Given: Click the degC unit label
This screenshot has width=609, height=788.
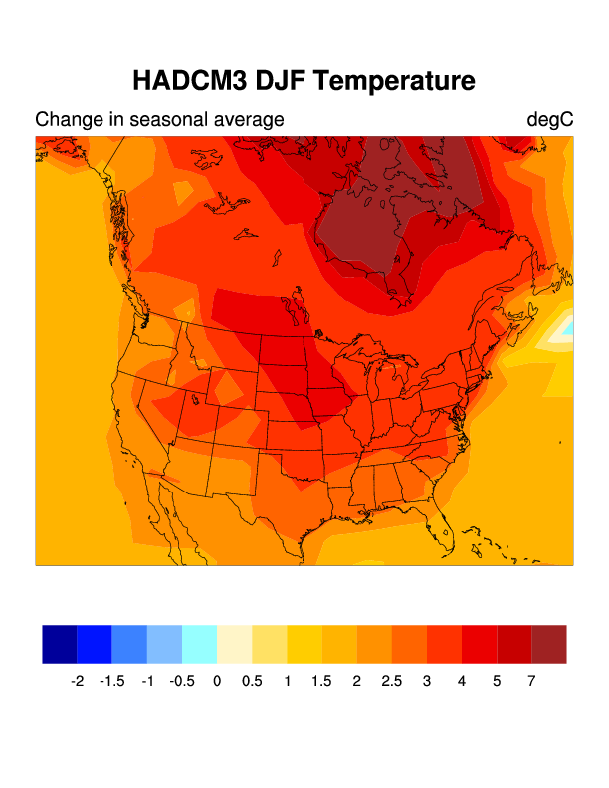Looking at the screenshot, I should pyautogui.click(x=550, y=120).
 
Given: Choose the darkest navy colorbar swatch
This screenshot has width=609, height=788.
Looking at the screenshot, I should pyautogui.click(x=60, y=644).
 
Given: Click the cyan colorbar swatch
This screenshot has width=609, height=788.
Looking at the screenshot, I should pyautogui.click(x=199, y=644).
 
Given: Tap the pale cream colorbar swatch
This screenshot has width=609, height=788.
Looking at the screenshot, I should pyautogui.click(x=234, y=644).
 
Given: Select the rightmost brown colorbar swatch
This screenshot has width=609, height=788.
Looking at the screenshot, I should pyautogui.click(x=548, y=644).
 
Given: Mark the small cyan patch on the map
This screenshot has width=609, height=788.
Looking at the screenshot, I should pyautogui.click(x=568, y=326).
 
